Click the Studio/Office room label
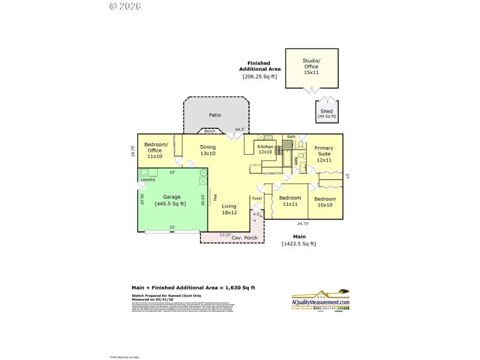(311, 66)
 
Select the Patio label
(215, 115)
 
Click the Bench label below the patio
(209, 131)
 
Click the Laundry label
(148, 179)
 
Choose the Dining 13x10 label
(208, 151)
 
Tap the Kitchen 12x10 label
(265, 149)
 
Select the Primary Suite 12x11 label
(324, 154)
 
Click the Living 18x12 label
(229, 209)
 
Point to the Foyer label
(257, 198)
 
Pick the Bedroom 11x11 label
(290, 201)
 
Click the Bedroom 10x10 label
(325, 202)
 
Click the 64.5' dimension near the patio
(240, 129)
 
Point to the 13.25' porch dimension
(226, 235)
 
